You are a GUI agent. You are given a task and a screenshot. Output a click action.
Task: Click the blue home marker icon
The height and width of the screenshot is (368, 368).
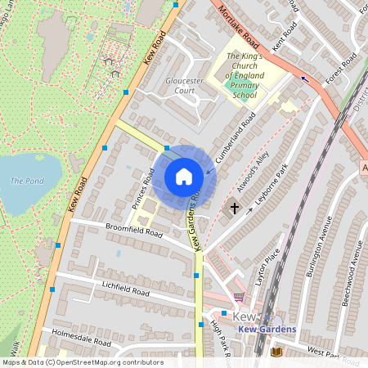tap(184, 177)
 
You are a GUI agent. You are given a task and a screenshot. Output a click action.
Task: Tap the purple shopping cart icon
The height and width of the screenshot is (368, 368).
tap(238, 297)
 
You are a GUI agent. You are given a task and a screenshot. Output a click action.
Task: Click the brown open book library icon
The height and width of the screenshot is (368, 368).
tap(276, 352)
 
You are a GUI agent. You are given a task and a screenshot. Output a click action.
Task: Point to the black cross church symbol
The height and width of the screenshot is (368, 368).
tap(235, 209)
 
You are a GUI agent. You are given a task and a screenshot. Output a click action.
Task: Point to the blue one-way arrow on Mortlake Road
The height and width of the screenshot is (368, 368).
tap(305, 79)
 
